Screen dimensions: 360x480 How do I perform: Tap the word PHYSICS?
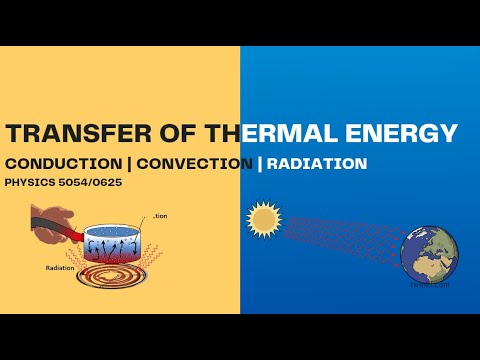click(31, 183)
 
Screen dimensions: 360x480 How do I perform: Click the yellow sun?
click(265, 218)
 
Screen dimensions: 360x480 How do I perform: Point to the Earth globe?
click(429, 251)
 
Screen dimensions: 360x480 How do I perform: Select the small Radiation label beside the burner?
click(62, 268)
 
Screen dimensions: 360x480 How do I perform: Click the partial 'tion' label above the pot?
click(161, 215)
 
